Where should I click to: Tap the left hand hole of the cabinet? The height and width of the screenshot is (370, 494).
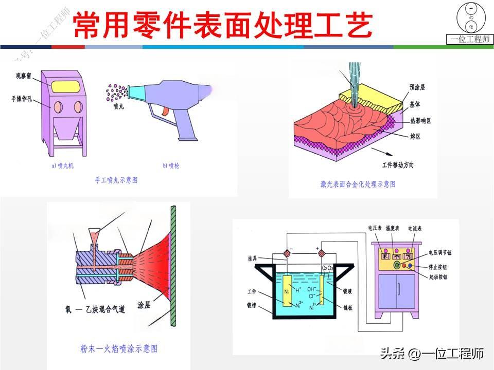point(58,107)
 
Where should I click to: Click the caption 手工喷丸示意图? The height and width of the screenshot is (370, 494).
point(117,180)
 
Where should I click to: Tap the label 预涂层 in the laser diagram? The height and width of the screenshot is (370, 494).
point(417,87)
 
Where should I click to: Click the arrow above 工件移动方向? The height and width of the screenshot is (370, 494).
point(387,153)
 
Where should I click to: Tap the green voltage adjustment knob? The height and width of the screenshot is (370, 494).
point(397,265)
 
